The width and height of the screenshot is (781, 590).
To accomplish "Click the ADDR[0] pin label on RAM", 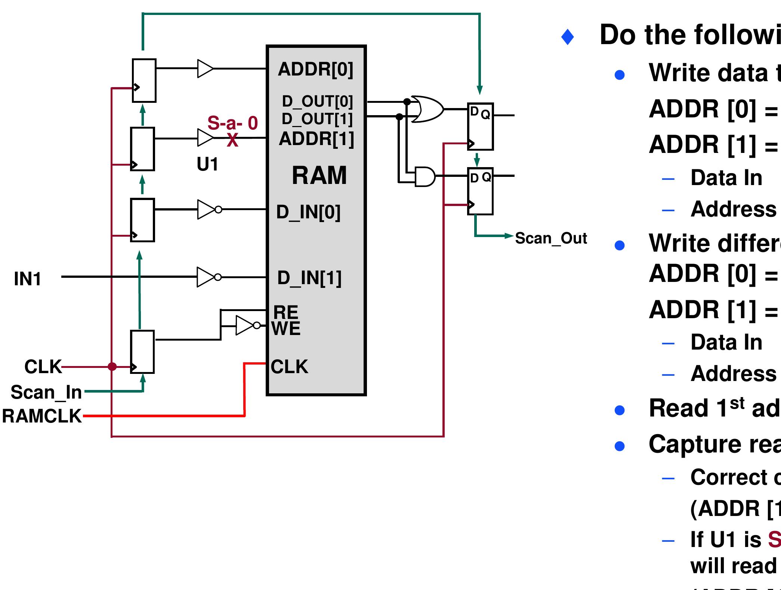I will [x=315, y=70].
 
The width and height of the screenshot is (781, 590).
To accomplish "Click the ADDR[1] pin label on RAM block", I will [x=316, y=139].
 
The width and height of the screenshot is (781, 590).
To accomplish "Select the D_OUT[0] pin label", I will [x=317, y=101].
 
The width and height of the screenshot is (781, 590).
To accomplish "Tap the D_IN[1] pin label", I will [x=309, y=278].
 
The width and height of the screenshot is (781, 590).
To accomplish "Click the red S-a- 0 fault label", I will [x=232, y=123].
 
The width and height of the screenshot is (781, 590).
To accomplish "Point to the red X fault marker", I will [x=232, y=140].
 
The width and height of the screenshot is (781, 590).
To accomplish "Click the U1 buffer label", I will [x=207, y=164].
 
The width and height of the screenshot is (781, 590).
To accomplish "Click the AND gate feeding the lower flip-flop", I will [x=425, y=176].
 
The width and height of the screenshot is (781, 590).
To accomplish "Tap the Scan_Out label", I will [x=551, y=239].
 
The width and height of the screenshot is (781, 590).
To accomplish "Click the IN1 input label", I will [x=27, y=279].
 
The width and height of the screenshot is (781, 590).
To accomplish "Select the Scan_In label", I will [x=46, y=392].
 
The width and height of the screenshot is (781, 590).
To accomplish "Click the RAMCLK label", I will [x=41, y=416].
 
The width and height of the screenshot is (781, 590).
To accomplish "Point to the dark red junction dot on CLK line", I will [x=112, y=366].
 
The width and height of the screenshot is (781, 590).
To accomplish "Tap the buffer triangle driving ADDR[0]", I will [x=205, y=68].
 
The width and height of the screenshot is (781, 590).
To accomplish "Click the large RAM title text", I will [x=319, y=175].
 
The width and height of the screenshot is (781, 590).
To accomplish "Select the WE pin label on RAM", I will [x=286, y=329].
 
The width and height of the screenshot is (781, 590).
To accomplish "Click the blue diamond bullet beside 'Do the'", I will [x=568, y=37].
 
